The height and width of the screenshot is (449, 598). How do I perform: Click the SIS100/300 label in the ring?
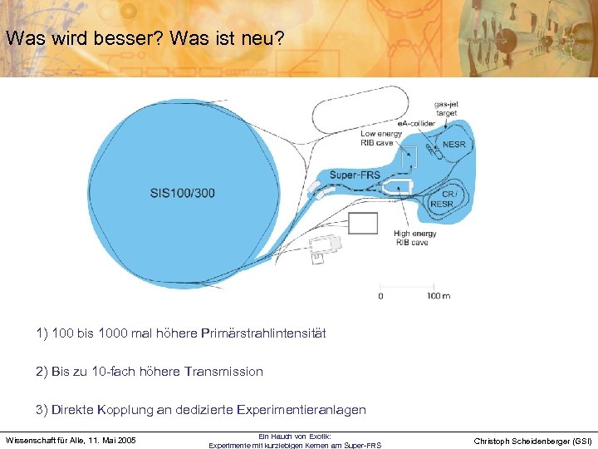182,193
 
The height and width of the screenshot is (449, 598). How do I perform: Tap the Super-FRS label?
355,175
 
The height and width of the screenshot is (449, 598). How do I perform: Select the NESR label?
454,144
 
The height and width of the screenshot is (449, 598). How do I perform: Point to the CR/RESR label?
442,199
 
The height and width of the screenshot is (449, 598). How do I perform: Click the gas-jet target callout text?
446,108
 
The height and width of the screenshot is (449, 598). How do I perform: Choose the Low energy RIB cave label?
381,138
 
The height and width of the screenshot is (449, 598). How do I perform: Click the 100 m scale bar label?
439,296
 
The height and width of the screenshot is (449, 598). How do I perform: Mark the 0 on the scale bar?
380,296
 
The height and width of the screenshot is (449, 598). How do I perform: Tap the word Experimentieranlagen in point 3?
301,410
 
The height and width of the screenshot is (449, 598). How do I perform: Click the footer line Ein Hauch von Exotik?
295,436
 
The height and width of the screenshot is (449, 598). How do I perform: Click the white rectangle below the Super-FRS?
362,223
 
